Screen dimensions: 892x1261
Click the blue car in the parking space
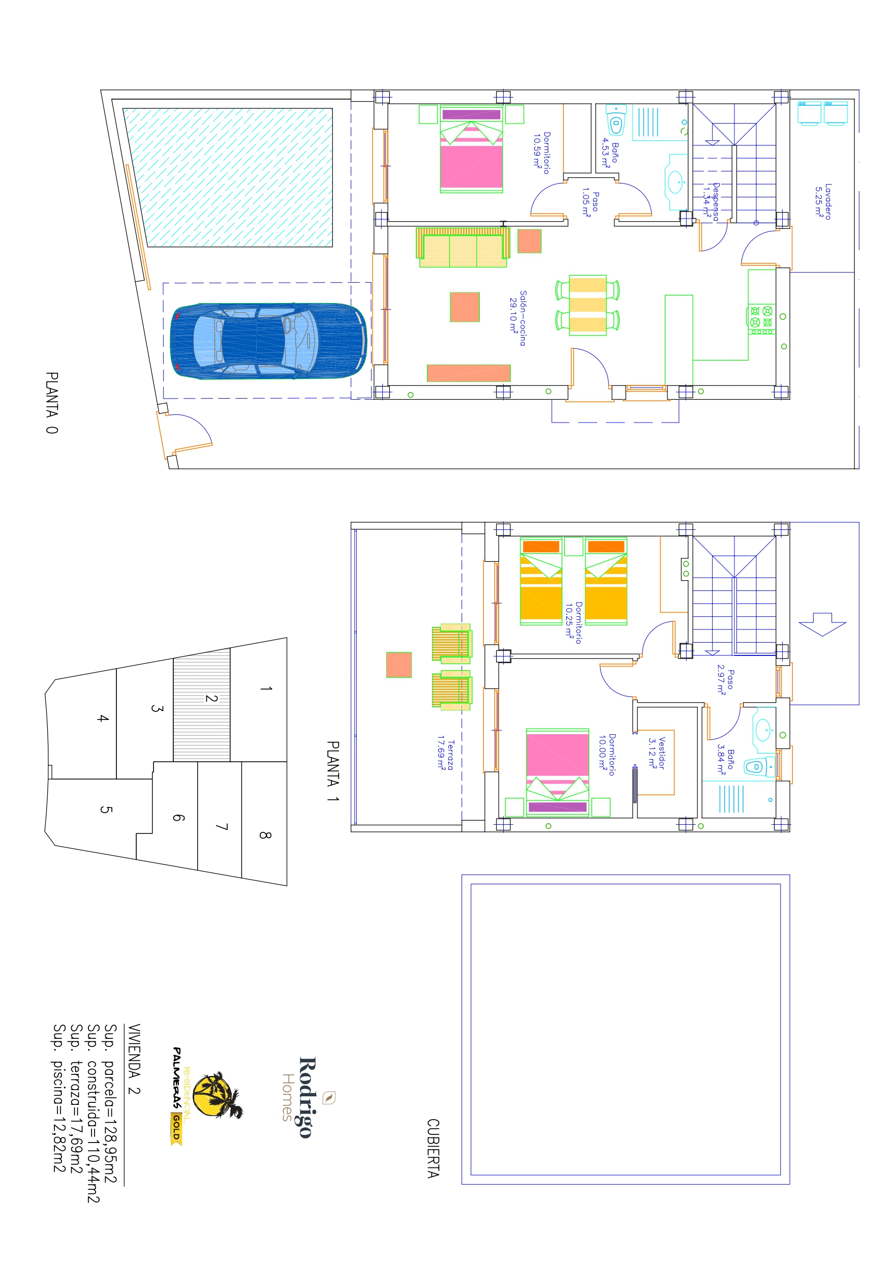(268, 341)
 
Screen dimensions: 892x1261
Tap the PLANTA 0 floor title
(52, 403)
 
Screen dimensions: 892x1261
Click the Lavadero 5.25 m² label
(823, 202)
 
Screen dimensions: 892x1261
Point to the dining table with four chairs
(588, 305)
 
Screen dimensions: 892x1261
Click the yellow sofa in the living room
(463, 247)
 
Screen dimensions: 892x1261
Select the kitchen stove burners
(761, 319)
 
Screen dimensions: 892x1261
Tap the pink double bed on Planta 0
(471, 149)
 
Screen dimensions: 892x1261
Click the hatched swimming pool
(227, 177)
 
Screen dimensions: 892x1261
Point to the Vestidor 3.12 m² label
(656, 753)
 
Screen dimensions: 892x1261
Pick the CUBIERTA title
(434, 1148)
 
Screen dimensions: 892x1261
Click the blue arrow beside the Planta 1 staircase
(822, 624)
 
